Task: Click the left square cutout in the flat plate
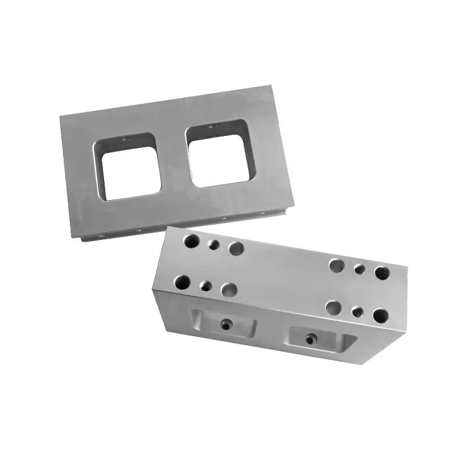pyautogui.click(x=127, y=167)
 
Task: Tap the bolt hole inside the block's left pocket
pyautogui.click(x=224, y=324)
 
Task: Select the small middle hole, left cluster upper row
pyautogui.click(x=214, y=245)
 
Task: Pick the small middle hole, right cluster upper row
pyautogui.click(x=359, y=269)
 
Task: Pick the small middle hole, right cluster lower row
pyautogui.click(x=357, y=311)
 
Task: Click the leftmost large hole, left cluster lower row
pyautogui.click(x=183, y=281)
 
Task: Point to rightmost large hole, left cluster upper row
pyautogui.click(x=235, y=248)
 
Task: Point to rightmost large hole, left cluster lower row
pyautogui.click(x=229, y=290)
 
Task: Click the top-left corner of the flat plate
pyautogui.click(x=60, y=114)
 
